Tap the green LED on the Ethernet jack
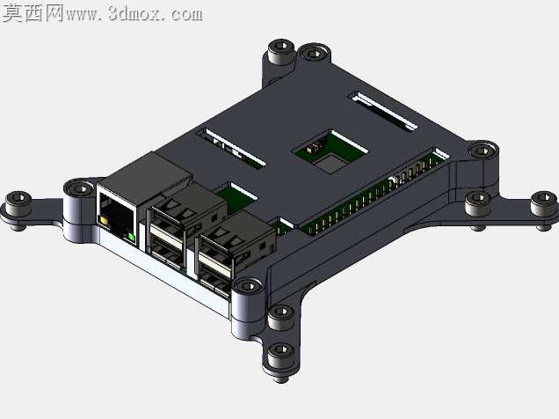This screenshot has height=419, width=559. (131, 237)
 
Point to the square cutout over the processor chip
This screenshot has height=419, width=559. (330, 151)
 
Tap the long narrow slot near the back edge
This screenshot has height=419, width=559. (384, 111)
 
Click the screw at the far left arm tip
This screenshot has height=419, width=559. (18, 202)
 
